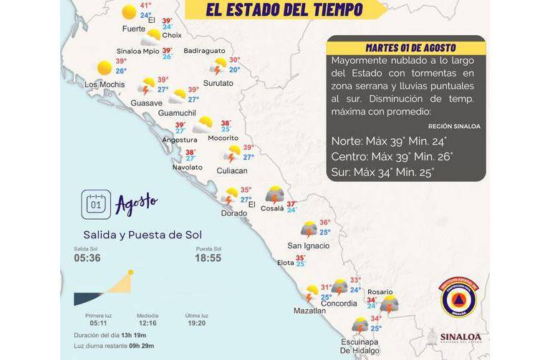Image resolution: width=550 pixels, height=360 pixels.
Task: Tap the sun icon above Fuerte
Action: [x=129, y=11]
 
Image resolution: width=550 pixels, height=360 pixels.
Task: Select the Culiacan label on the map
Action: [x=231, y=171]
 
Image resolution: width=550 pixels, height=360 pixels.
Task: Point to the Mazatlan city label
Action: [x=309, y=311]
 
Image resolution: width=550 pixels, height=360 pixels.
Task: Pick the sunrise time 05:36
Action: [x=87, y=258]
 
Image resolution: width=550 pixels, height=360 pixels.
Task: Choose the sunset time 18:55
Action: [x=208, y=258]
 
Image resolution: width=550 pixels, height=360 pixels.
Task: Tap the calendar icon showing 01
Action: [x=96, y=204]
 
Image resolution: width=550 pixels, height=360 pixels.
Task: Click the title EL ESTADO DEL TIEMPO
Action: [x=284, y=10]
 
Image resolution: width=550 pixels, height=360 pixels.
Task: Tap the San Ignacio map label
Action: [x=308, y=246]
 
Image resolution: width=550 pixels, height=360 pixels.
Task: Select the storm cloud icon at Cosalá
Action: [x=274, y=195]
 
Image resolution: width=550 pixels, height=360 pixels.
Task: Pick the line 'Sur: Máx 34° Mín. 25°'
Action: [x=382, y=172]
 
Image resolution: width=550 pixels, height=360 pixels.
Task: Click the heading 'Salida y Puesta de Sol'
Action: [x=143, y=235]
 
